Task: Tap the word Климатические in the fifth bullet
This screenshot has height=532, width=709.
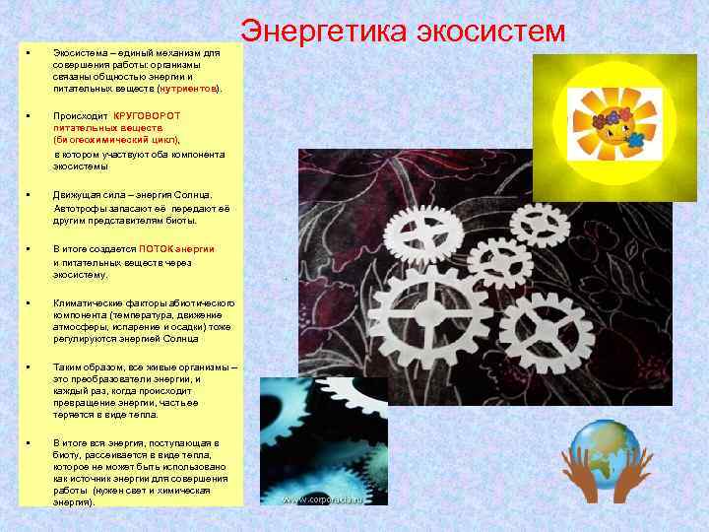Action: [x=89, y=302]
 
